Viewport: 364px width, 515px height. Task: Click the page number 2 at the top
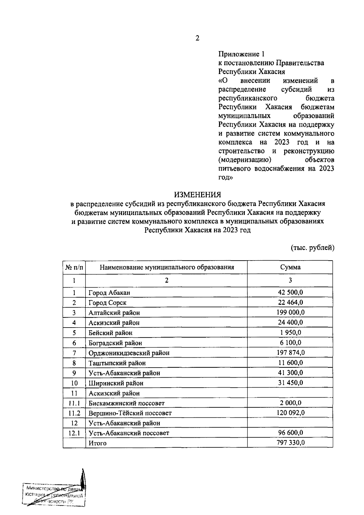pyautogui.click(x=197, y=38)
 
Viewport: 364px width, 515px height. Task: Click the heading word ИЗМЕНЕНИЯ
pyautogui.click(x=197, y=194)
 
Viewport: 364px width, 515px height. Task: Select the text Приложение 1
pyautogui.click(x=241, y=54)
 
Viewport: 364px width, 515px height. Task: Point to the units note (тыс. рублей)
pyautogui.click(x=312, y=248)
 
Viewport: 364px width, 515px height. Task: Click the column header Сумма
pyautogui.click(x=290, y=267)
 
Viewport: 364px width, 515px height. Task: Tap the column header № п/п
pyautogui.click(x=74, y=267)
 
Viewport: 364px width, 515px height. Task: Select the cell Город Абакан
pyautogui.click(x=109, y=293)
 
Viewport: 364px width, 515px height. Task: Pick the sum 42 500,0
pyautogui.click(x=290, y=292)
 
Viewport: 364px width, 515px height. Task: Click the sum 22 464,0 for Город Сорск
pyautogui.click(x=290, y=302)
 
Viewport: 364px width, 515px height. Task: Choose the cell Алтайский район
pyautogui.click(x=114, y=313)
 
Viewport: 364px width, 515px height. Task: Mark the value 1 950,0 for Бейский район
pyautogui.click(x=290, y=333)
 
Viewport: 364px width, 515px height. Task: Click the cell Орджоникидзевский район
pyautogui.click(x=129, y=353)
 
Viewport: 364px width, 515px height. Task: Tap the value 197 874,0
pyautogui.click(x=290, y=353)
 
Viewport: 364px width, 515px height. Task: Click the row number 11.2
pyautogui.click(x=74, y=413)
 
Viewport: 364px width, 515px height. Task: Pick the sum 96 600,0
pyautogui.click(x=290, y=433)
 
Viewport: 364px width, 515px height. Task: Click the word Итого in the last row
pyautogui.click(x=97, y=443)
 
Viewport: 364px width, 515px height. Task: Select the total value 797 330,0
pyautogui.click(x=290, y=443)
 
